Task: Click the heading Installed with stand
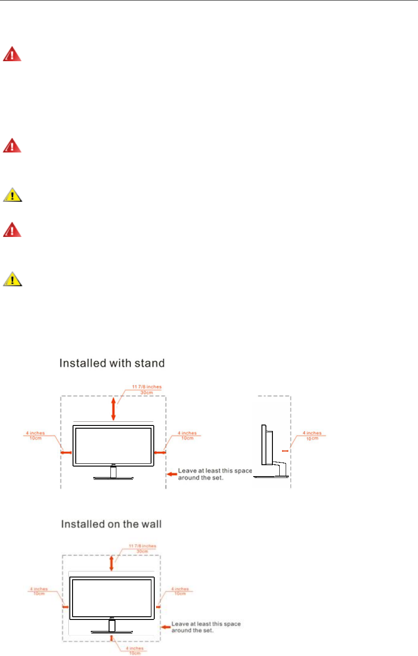point(112,363)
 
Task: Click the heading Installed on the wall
point(111,524)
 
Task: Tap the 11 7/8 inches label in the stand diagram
point(147,389)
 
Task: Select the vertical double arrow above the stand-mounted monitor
point(114,409)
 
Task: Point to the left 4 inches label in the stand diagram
point(35,436)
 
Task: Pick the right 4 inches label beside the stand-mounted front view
point(187,436)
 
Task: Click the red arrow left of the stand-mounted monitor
point(66,452)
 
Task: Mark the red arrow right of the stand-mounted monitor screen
point(159,452)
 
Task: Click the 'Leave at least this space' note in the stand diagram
point(214,474)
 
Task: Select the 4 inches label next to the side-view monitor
point(312,436)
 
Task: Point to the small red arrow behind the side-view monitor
point(285,451)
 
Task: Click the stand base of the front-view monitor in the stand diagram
point(114,478)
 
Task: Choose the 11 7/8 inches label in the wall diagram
point(142,549)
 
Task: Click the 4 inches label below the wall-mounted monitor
point(135,651)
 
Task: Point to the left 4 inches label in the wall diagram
point(39,591)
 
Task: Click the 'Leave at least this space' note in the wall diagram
point(205,627)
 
